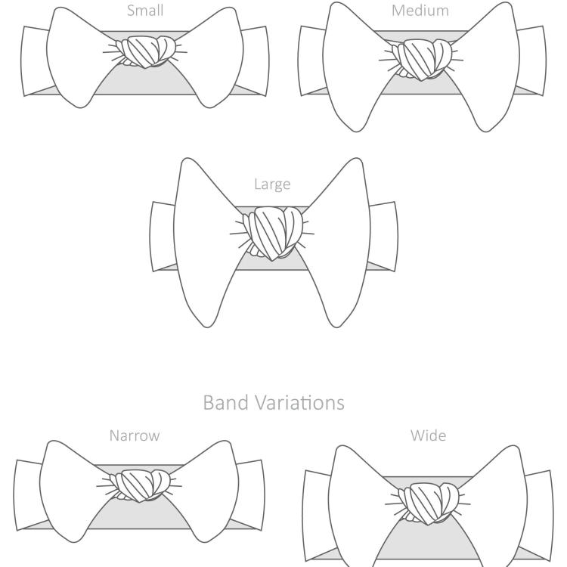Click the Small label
click(145, 10)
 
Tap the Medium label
click(420, 11)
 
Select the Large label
click(272, 184)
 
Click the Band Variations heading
click(274, 402)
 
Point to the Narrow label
click(135, 435)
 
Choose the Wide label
click(428, 435)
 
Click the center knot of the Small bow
click(145, 51)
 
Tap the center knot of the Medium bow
click(422, 59)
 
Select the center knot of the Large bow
click(273, 233)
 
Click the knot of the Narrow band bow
click(140, 485)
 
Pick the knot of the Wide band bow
click(429, 503)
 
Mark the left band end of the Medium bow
click(311, 60)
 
